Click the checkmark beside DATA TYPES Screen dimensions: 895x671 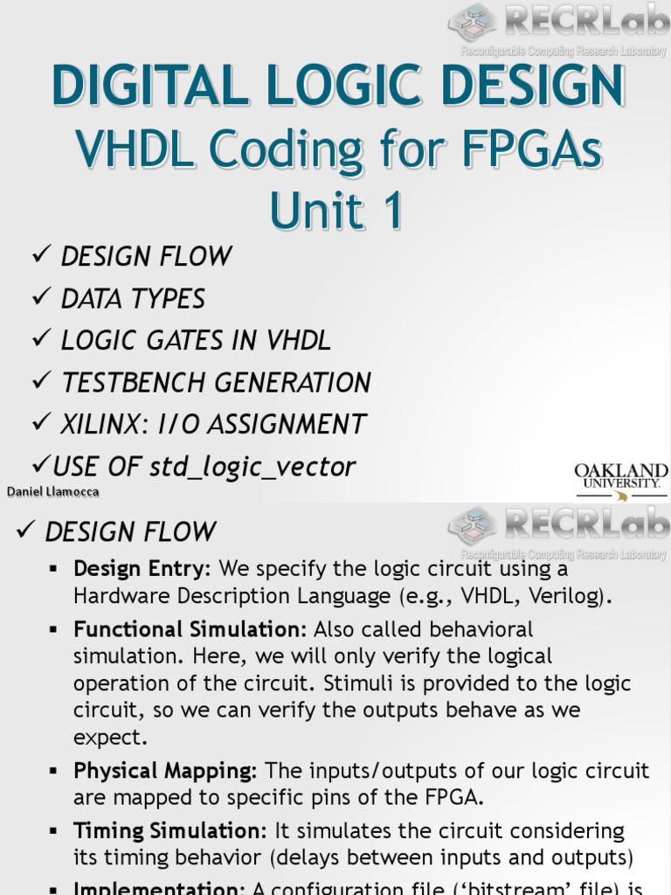pos(41,298)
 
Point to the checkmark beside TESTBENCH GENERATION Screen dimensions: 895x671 pos(41,382)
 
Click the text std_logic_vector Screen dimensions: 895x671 pos(252,467)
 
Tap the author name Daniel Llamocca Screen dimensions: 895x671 pos(52,491)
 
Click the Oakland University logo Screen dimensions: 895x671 pos(621,482)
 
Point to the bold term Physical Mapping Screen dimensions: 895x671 pos(165,771)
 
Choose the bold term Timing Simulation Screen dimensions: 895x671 pos(170,830)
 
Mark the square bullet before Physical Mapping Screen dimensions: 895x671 pos(54,772)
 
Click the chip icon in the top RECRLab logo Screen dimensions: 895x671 pos(472,22)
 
